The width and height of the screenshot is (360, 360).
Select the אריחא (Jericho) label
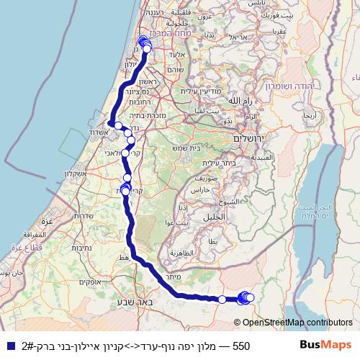click(309, 116)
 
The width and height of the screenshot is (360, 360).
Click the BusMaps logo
click(324, 346)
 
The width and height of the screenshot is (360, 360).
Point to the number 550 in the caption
click(240, 346)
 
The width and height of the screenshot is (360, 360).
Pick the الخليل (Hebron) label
click(214, 215)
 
